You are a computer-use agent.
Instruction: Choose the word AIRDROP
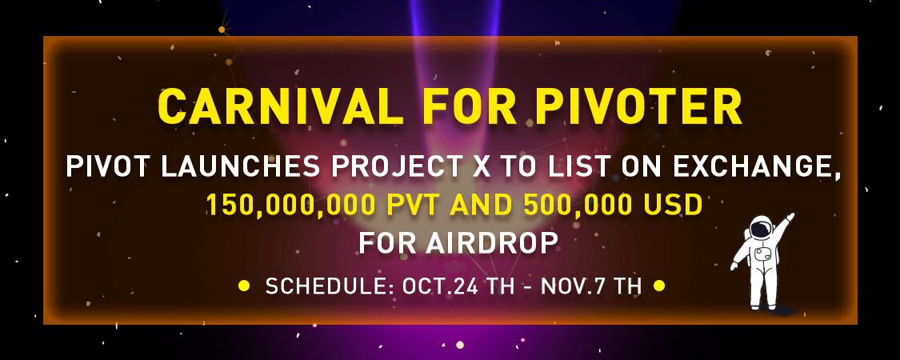(492, 243)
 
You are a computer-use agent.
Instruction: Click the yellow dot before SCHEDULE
(244, 286)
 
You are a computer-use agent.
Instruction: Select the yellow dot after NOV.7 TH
(659, 286)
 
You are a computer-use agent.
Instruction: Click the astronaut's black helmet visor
(760, 229)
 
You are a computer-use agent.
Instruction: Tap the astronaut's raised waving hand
(790, 218)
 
